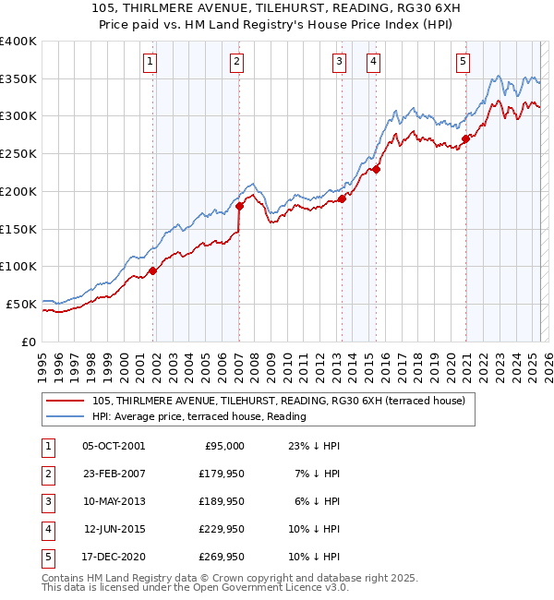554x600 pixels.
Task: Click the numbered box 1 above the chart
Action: pos(149,62)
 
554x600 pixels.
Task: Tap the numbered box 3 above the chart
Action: pos(339,62)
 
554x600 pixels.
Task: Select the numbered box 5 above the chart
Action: pos(462,62)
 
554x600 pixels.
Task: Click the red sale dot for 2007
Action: pos(239,206)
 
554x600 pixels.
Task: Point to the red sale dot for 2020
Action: pos(465,138)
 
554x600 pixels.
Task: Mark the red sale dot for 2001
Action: pos(152,270)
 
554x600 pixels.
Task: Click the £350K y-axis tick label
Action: pos(18,79)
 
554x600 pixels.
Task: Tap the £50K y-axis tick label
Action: pos(22,304)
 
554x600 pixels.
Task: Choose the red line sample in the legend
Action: pos(66,401)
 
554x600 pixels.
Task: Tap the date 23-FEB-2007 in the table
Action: pos(114,473)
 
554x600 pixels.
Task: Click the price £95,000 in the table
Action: pos(223,445)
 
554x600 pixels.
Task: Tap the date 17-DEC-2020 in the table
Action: pos(114,557)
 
